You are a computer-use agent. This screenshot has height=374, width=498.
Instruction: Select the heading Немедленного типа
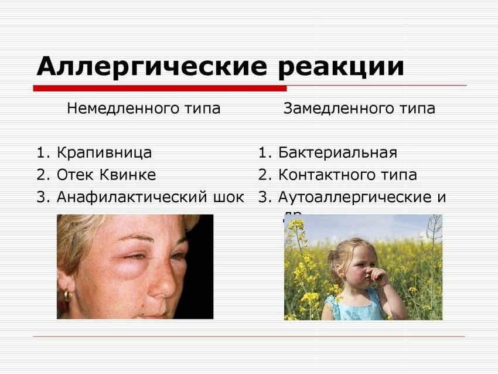tap(144, 108)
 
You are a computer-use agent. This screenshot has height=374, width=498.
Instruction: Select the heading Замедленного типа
tap(359, 108)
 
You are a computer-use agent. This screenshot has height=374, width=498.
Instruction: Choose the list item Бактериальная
tap(337, 153)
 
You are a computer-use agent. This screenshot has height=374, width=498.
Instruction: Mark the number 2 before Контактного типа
tap(263, 175)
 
